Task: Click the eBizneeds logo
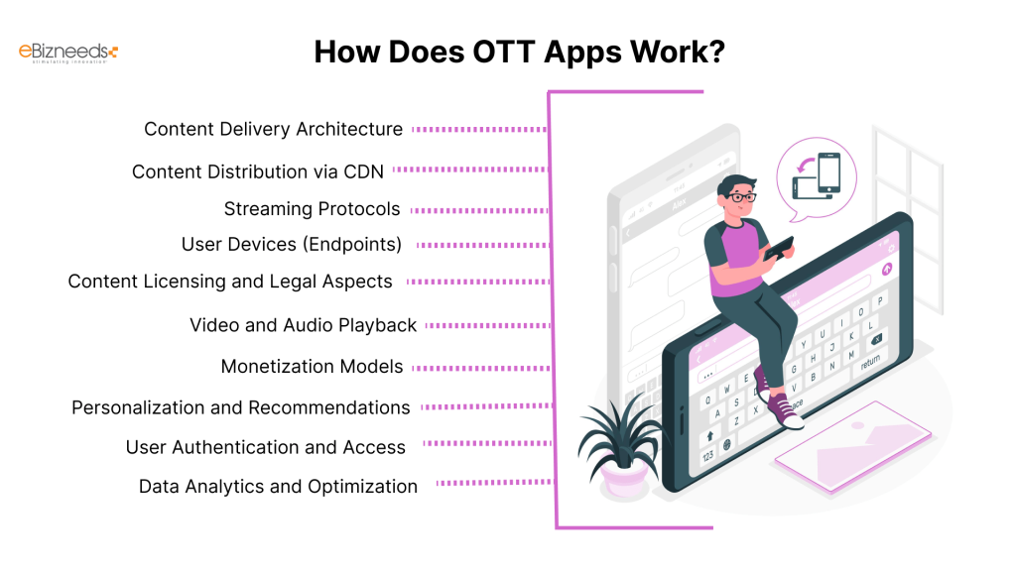[x=68, y=53]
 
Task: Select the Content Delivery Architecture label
[x=273, y=129]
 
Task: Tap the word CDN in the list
[x=363, y=171]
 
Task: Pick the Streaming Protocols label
[x=312, y=209]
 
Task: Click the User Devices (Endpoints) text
[x=291, y=244]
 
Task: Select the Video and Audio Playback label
[x=303, y=325]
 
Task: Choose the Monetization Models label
[x=312, y=367]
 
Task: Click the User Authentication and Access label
[x=265, y=447]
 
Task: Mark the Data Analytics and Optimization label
[x=278, y=487]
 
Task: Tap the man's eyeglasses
[x=740, y=197]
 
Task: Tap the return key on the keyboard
[x=870, y=364]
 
